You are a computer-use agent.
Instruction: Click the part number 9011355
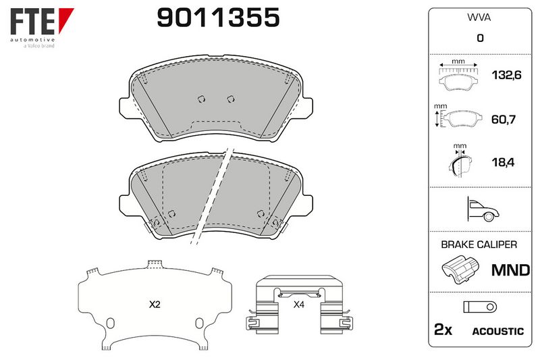coord(218,18)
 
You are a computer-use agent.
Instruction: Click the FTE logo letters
coord(32,22)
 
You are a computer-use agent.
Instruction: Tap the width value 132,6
coord(506,75)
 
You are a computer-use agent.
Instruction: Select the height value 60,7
coord(503,120)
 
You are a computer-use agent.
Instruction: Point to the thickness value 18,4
coord(503,162)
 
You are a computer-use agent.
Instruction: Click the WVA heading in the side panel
coord(479,18)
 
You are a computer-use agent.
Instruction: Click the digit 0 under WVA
coord(480,38)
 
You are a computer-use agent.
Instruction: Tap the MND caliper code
coord(510,270)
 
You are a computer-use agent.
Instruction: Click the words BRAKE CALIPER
coord(479,245)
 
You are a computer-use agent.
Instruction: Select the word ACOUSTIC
coord(497,332)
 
